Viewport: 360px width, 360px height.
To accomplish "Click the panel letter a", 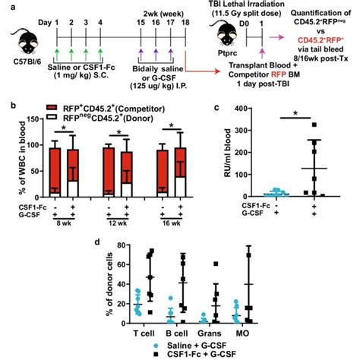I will (x=5, y=5).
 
